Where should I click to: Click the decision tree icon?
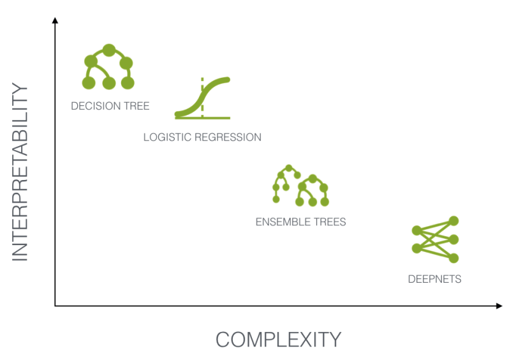tap(109, 67)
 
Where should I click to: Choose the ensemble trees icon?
tap(300, 186)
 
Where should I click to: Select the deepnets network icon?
tap(436, 239)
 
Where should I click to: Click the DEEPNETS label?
tap(434, 279)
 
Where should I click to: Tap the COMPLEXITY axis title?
tap(278, 339)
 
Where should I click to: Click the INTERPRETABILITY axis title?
tap(21, 172)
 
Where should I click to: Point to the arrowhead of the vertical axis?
tap(55, 21)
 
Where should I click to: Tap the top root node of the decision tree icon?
tap(109, 49)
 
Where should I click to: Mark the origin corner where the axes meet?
tap(55, 306)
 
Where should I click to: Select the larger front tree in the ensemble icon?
tap(313, 190)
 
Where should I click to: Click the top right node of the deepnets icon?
tap(453, 221)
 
